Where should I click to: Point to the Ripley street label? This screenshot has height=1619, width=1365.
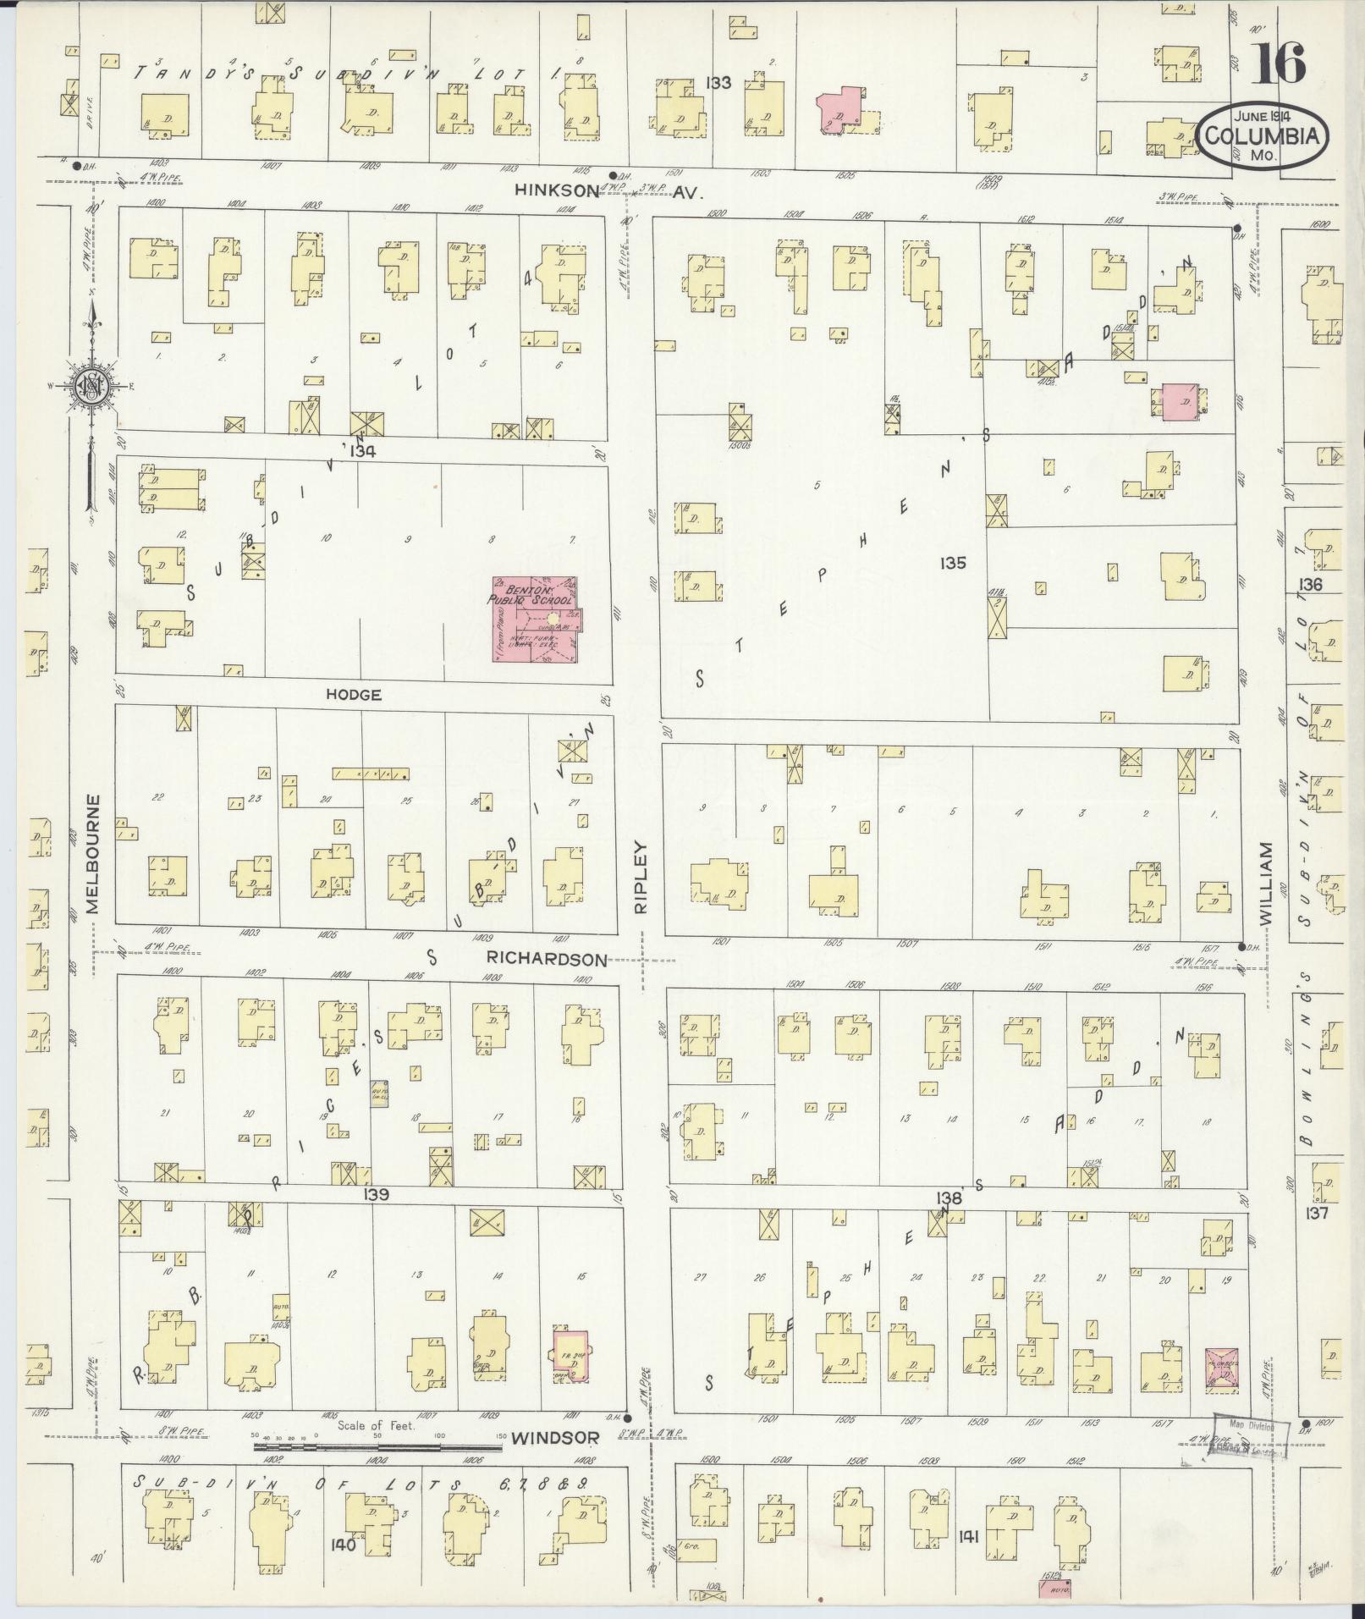641,876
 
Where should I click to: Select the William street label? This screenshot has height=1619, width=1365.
1266,881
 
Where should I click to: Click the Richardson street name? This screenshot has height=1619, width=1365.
547,959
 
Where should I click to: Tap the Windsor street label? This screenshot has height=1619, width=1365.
556,1437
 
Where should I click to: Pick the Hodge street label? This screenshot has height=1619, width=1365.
352,695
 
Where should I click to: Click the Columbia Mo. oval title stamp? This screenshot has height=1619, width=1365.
1262,135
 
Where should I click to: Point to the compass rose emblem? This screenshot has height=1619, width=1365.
88,387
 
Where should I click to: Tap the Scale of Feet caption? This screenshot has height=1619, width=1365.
377,1425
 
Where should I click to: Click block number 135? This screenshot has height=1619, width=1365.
952,563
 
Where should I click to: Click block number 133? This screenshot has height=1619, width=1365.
719,83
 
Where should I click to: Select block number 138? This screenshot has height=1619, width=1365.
950,1198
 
